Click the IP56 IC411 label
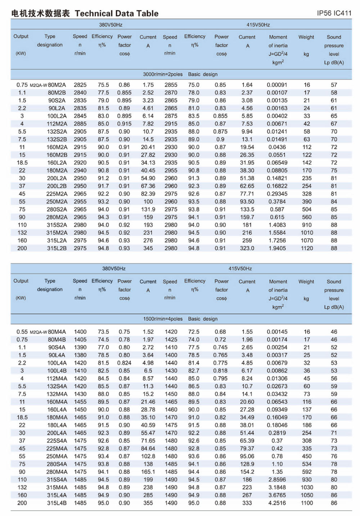334,13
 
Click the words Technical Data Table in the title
117,14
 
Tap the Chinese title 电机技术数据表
40,14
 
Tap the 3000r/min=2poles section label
163,74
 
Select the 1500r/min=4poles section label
163,319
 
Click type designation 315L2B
57,248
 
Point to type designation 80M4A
57,332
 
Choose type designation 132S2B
57,139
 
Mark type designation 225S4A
57,441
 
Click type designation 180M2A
57,170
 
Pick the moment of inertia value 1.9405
277,248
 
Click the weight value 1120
307,248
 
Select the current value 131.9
148,209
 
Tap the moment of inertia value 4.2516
277,503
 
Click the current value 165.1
148,472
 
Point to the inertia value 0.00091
277,85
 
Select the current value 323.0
247,248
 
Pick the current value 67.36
148,186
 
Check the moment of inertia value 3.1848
277,488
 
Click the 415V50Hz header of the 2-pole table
258,25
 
